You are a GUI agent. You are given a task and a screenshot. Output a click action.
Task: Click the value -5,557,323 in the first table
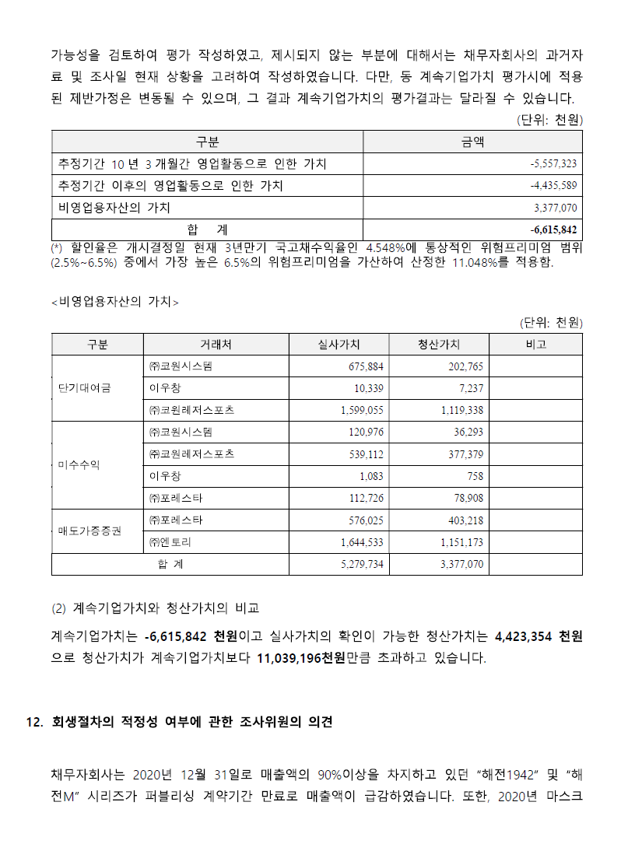(x=553, y=165)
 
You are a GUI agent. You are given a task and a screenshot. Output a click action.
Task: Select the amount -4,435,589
(x=553, y=187)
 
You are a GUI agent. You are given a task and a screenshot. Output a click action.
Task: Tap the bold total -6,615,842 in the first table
(x=553, y=230)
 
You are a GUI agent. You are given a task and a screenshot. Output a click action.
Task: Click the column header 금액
(x=473, y=142)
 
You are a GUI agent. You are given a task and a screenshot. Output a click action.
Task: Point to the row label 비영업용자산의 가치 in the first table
(x=114, y=208)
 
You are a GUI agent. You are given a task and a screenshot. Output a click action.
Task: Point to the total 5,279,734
(x=362, y=564)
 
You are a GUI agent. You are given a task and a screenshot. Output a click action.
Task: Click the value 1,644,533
(x=362, y=542)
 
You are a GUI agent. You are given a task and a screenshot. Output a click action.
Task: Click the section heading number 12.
(x=33, y=722)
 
